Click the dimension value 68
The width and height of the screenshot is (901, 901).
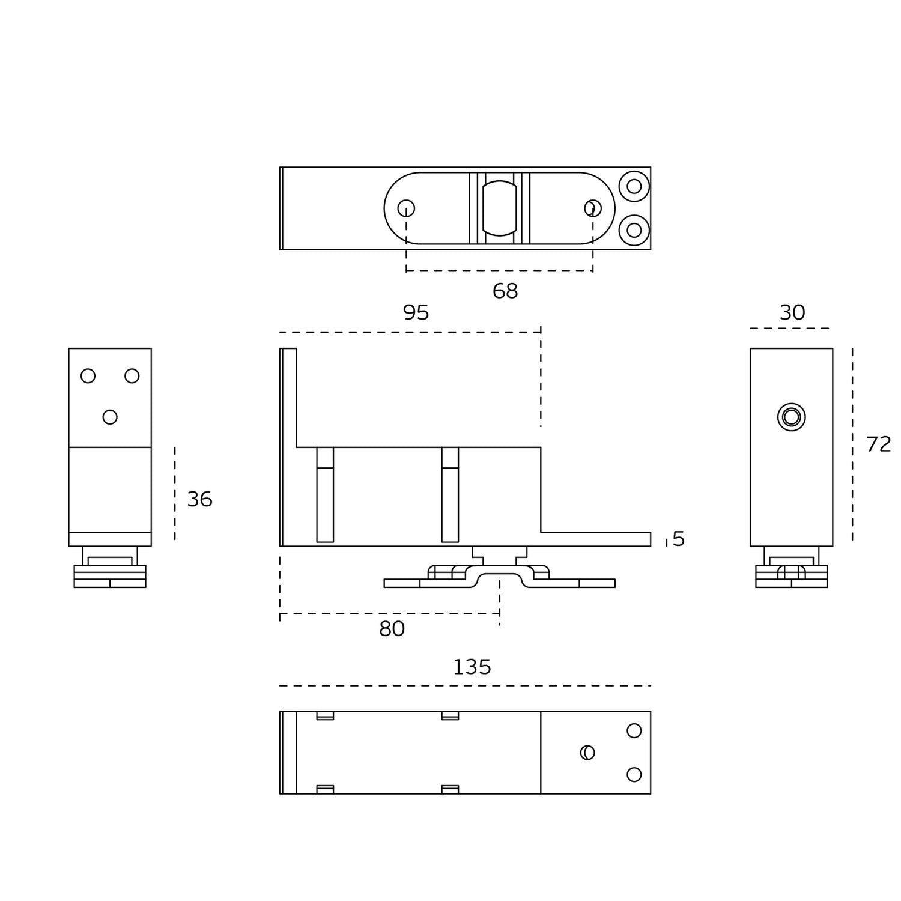(505, 291)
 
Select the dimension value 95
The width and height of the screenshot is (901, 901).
(416, 312)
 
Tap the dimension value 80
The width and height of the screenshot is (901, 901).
(392, 629)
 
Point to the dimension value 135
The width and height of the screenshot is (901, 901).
(472, 667)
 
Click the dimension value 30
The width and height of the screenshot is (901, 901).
(792, 312)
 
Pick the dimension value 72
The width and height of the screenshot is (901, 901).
(878, 444)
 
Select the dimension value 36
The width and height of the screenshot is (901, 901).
(199, 499)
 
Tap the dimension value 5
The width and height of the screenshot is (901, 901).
(679, 539)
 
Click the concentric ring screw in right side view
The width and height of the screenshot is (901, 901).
(791, 417)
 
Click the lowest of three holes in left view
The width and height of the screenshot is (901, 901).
(110, 417)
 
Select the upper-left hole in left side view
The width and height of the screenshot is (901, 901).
(88, 376)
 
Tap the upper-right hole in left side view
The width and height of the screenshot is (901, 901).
(132, 376)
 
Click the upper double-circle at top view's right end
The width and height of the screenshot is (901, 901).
(634, 186)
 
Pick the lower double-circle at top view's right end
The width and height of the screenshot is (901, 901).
(634, 230)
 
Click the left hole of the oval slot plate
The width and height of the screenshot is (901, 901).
(406, 208)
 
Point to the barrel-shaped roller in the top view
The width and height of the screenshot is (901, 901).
(500, 208)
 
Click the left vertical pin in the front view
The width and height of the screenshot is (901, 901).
(325, 495)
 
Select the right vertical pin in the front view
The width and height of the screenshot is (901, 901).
(450, 495)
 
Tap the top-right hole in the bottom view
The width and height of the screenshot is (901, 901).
(634, 730)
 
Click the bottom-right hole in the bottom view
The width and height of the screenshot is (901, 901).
(634, 774)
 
